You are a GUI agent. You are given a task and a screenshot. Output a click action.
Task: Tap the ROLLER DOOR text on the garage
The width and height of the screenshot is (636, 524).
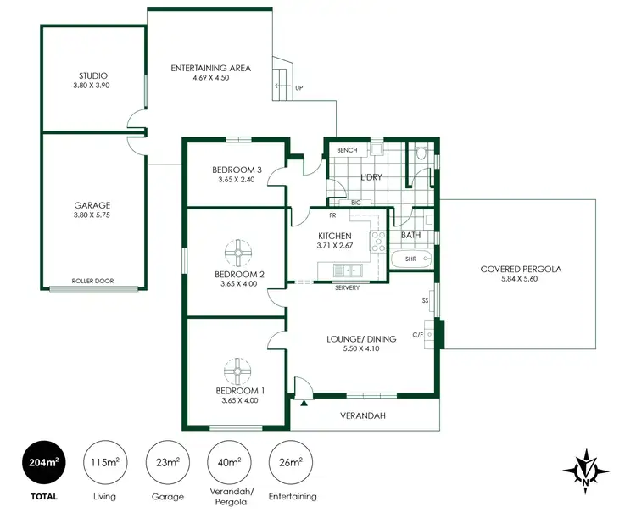pos(93,281)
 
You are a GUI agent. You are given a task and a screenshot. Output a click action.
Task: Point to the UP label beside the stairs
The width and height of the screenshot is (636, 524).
pos(298,87)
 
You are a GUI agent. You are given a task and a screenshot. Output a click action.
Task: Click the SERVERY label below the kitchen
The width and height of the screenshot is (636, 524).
pos(347,287)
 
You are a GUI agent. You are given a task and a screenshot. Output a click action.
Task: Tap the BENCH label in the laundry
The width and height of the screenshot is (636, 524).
pos(347,150)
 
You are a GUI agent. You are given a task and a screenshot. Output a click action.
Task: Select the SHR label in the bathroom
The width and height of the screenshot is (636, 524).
pos(411,259)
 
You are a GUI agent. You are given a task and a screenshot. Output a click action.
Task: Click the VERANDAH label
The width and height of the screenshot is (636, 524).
pos(363,415)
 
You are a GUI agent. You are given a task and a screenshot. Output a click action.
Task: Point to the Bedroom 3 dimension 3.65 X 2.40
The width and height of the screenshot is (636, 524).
pos(235,180)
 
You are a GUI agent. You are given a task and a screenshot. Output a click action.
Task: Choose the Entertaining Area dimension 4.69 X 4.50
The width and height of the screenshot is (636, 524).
pos(210,79)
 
